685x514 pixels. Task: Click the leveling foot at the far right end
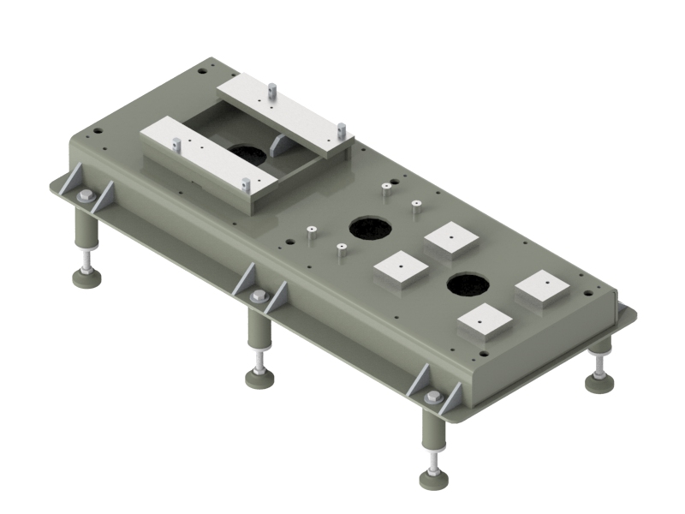(599, 380)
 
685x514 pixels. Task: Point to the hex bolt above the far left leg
(86, 198)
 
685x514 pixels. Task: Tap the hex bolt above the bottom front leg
(433, 397)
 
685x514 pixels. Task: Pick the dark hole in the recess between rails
(247, 153)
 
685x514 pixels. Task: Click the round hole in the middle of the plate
(370, 228)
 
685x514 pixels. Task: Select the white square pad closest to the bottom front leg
(485, 322)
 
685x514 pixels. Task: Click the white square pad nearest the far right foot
(543, 286)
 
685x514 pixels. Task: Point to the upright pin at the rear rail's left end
(271, 87)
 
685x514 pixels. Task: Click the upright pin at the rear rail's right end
(341, 131)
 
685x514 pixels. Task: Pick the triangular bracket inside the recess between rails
(280, 146)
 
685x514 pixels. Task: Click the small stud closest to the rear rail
(386, 186)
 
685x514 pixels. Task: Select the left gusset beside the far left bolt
(72, 182)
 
